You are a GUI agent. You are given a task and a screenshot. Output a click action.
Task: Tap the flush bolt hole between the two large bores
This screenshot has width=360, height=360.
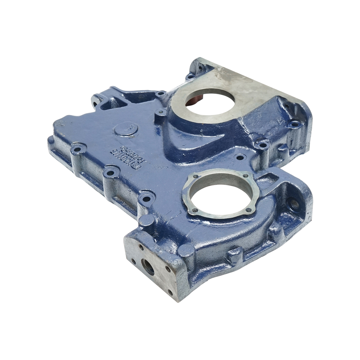click(239, 157)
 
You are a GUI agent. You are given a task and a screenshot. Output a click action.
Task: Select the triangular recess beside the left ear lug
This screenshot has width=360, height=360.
click(107, 105)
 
